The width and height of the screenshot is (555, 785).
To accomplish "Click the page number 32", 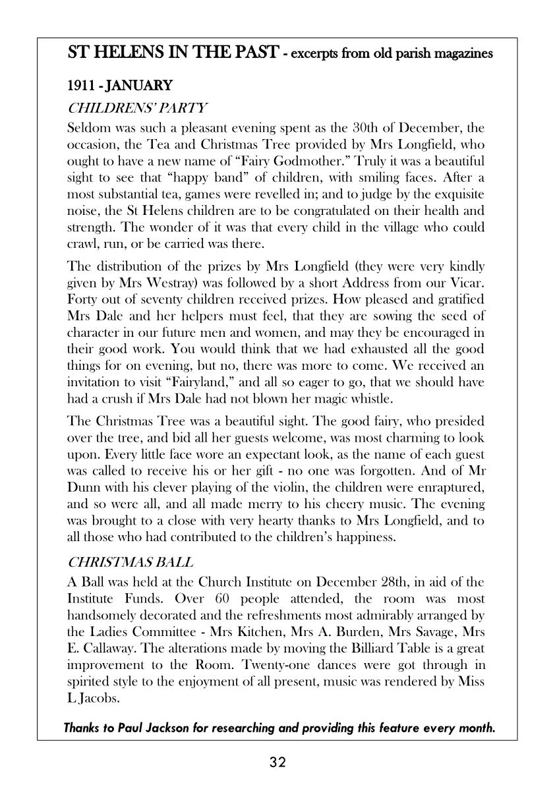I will (277, 763).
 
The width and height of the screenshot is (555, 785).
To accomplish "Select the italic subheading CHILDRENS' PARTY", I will (137, 107).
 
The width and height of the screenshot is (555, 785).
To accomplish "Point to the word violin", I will (307, 487).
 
